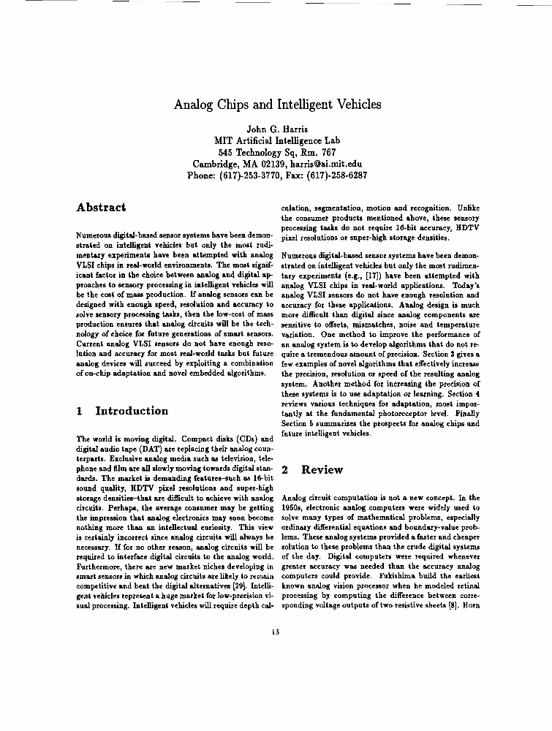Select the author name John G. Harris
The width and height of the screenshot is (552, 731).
[276, 129]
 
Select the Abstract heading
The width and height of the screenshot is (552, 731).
[101, 208]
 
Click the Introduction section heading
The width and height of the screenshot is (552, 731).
[132, 411]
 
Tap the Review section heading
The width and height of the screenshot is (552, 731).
[322, 469]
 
